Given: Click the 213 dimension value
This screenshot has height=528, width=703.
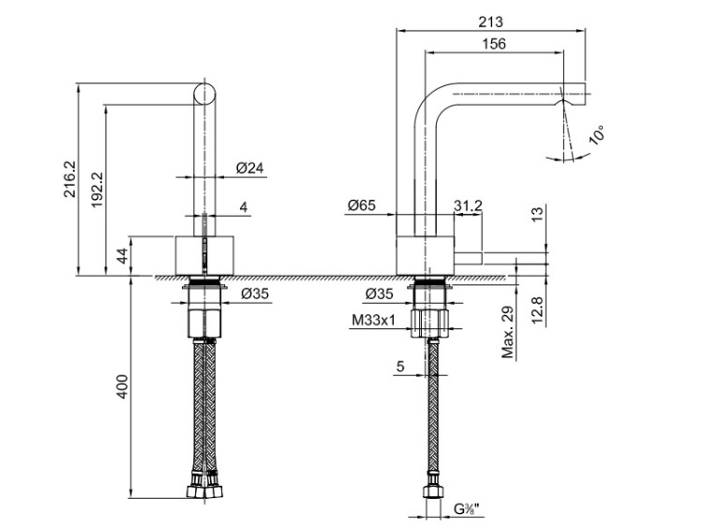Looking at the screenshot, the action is tap(490, 22).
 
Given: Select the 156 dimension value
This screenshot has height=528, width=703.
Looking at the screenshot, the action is tap(494, 43).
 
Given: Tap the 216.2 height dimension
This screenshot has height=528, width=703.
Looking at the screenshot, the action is tap(70, 179).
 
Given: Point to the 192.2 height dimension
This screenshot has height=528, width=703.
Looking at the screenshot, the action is tap(97, 189).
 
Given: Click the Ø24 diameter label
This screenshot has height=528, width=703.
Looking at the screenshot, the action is tap(250, 168).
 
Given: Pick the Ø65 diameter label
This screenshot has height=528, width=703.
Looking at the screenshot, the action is tap(362, 205).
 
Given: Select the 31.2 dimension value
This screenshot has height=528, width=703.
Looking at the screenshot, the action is tap(468, 205).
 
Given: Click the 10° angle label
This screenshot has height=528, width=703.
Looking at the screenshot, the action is tap(598, 135).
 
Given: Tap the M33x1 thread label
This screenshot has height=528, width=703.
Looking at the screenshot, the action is tap(373, 321).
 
